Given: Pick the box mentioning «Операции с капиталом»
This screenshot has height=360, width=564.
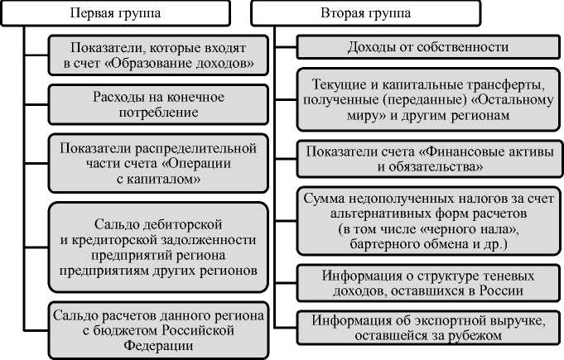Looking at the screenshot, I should tap(157, 163).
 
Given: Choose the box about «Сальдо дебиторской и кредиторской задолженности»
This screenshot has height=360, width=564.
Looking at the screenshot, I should tap(157, 246).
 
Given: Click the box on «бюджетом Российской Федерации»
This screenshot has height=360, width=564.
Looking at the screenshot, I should tap(157, 330).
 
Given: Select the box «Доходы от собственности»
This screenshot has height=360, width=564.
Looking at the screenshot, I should tap(427, 47).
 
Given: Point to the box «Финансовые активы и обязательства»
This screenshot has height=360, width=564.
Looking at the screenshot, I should tap(427, 158).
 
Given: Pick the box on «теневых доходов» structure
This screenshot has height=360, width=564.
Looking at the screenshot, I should tap(427, 283).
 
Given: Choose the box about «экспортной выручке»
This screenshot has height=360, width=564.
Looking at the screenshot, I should tap(427, 328).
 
